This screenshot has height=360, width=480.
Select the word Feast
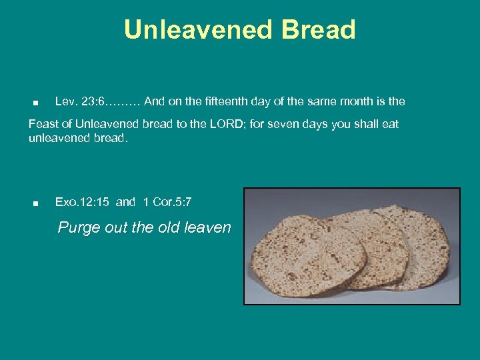tap(43, 125)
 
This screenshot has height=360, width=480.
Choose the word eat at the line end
tap(389, 125)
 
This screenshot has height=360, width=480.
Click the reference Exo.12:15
tap(83, 202)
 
